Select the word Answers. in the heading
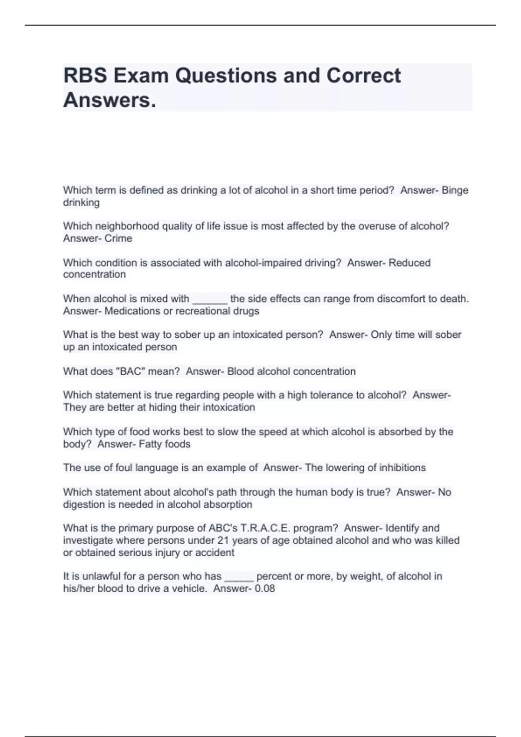[x=109, y=100]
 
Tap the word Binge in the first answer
[x=455, y=190]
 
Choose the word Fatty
[x=150, y=444]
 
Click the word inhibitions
[x=402, y=468]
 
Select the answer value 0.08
[x=265, y=589]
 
